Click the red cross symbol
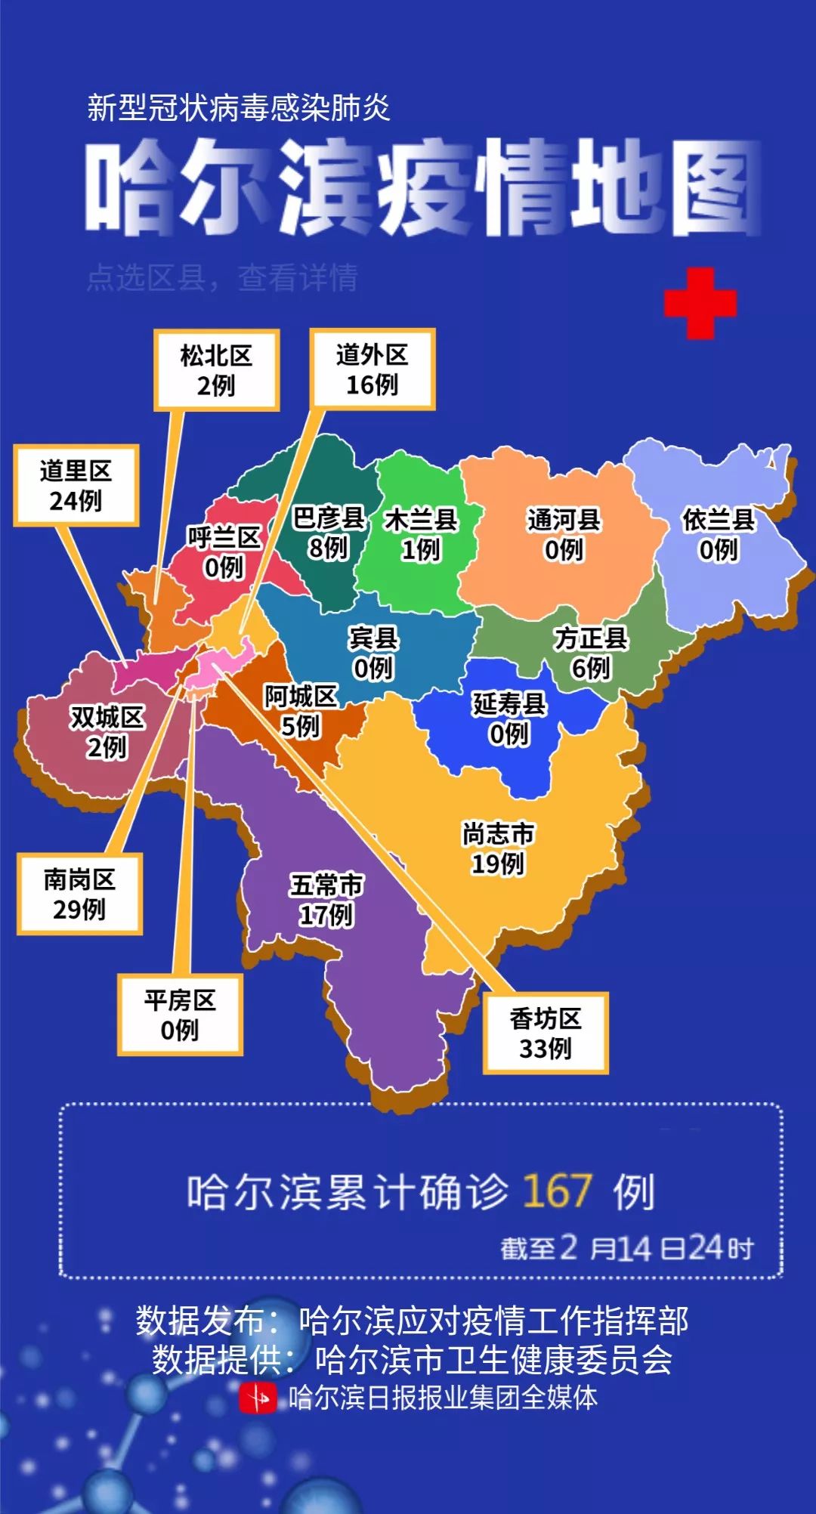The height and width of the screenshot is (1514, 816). tap(700, 304)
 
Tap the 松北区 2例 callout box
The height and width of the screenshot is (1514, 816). tap(216, 370)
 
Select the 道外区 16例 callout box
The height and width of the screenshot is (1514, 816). tap(372, 369)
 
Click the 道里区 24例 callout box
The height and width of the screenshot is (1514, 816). tap(76, 485)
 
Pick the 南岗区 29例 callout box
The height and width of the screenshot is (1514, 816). tap(79, 894)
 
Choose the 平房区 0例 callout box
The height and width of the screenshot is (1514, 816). tap(180, 1015)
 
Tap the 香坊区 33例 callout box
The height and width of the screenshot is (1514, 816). tap(546, 1034)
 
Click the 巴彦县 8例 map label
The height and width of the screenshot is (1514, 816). tap(329, 533)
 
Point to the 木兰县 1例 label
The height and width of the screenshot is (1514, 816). tap(421, 534)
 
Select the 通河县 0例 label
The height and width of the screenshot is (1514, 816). tap(564, 534)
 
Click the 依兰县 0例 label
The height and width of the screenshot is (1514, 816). tap(719, 534)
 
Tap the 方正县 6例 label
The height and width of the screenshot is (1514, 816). tap(591, 653)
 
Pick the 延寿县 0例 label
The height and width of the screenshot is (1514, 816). tap(509, 718)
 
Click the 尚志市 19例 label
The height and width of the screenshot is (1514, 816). tap(498, 848)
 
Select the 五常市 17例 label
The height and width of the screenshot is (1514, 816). tap(326, 900)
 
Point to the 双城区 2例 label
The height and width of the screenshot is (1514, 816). tap(107, 732)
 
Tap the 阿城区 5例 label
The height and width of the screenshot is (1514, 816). tap(301, 711)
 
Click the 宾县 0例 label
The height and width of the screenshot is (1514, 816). tap(373, 653)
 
